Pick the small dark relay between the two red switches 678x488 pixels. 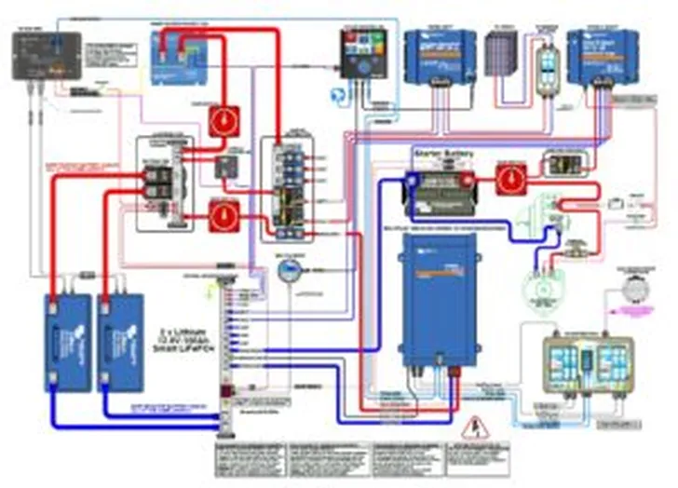coord(226,167)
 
